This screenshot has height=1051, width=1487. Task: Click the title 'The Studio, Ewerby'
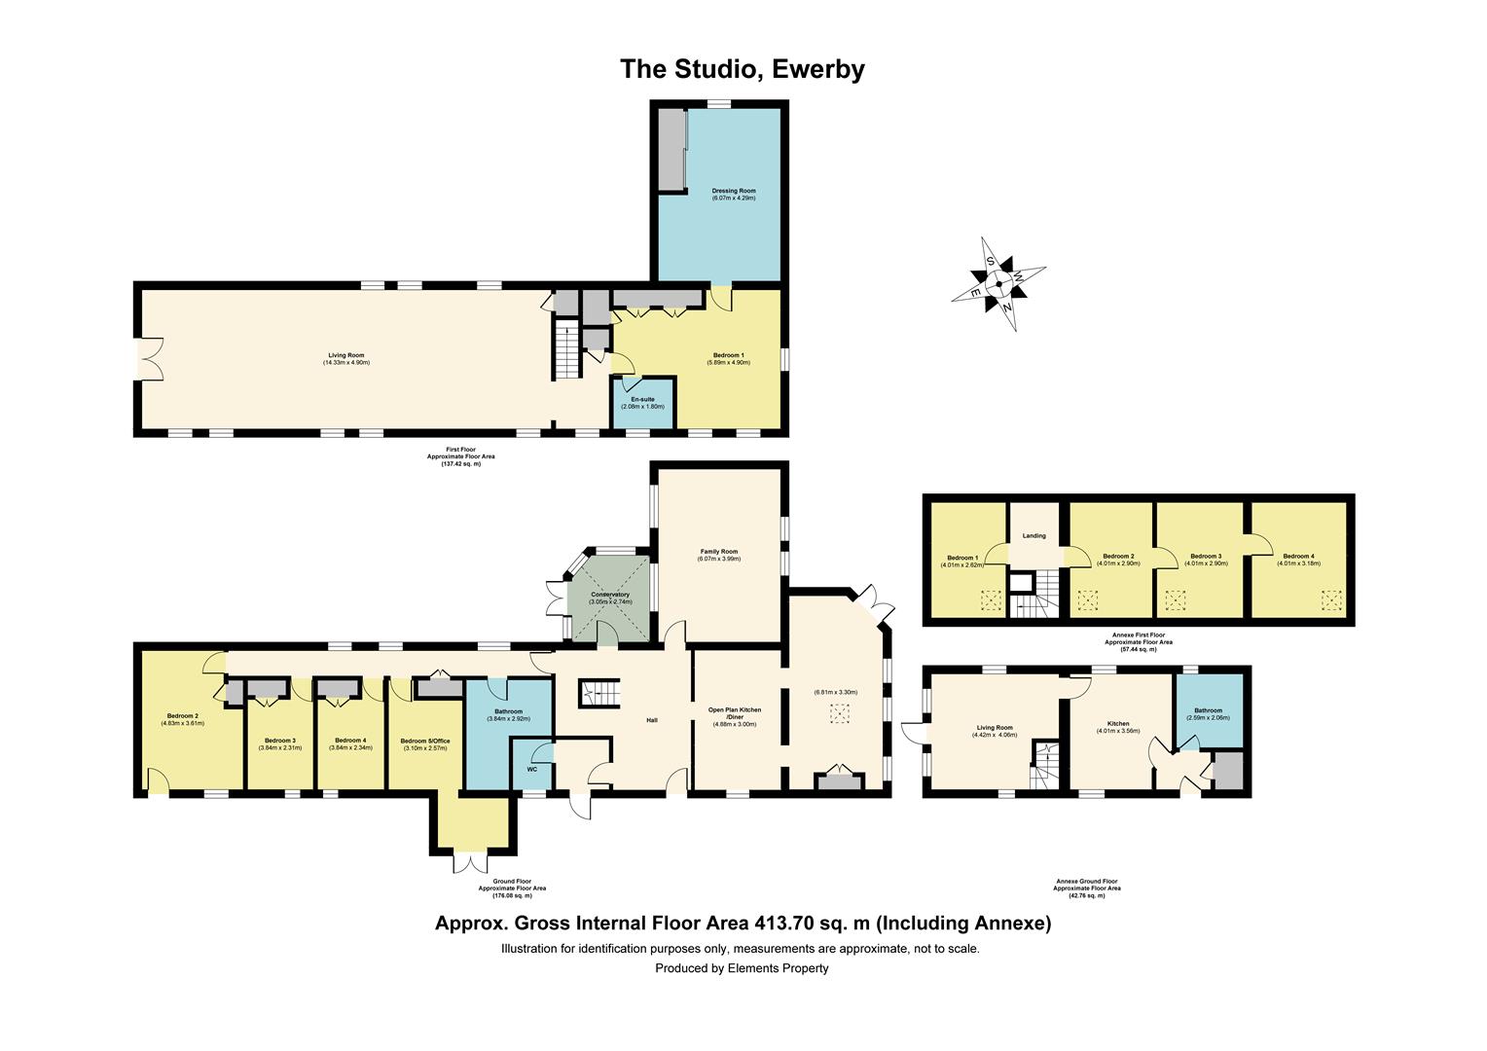[x=743, y=69]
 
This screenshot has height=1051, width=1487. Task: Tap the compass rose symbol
[x=998, y=284]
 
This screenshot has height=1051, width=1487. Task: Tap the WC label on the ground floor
[x=531, y=769]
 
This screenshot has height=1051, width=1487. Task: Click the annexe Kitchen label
[x=1118, y=724]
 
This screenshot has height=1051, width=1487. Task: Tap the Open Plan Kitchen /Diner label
[x=736, y=713]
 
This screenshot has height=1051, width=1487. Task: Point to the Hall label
[x=652, y=720]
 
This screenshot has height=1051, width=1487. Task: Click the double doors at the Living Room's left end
[x=150, y=358]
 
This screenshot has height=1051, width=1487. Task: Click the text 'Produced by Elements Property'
[x=742, y=968]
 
